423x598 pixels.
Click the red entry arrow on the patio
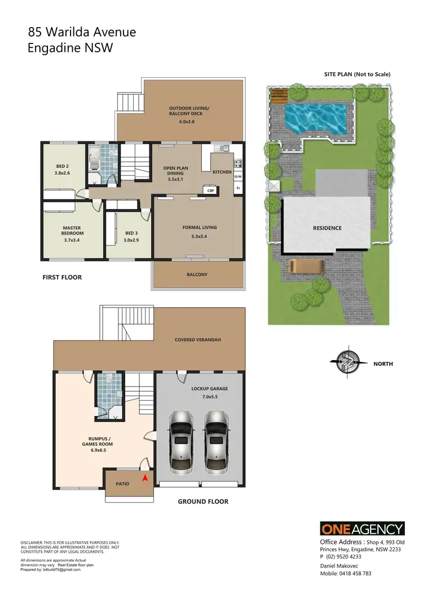point(145,478)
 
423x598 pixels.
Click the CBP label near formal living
point(211,191)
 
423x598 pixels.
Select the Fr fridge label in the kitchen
point(238,188)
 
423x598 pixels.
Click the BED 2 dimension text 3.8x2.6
point(63,174)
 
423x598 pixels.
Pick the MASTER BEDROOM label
point(73,231)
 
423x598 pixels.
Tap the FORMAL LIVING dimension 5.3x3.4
point(200,237)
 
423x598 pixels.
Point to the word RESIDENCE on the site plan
point(327,228)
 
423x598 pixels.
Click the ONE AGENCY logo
point(363,529)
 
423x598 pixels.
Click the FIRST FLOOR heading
point(62,277)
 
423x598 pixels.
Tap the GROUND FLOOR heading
point(203,501)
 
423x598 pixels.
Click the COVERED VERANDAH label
point(198,340)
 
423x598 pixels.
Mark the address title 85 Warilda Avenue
point(82,33)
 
